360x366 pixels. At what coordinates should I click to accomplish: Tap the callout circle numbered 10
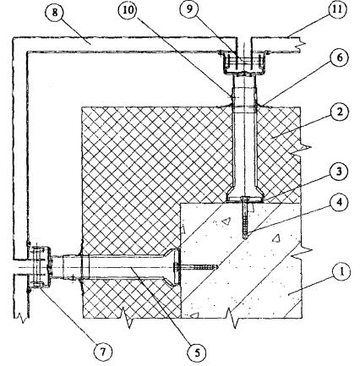point(128,13)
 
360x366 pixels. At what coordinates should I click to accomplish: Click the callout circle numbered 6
point(340,57)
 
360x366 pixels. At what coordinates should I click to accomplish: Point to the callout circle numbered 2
point(340,112)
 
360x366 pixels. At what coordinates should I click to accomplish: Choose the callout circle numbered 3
point(340,171)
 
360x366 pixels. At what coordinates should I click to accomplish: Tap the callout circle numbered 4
point(340,203)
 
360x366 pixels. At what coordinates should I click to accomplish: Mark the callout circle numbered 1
point(341,273)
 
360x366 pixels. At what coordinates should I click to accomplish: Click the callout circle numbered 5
point(197,353)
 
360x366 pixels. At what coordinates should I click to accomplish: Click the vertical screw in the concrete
point(245,218)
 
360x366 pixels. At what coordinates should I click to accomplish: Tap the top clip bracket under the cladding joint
point(243,63)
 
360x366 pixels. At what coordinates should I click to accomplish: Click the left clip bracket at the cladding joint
point(40,267)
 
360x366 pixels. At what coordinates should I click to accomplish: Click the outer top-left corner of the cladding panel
point(13,37)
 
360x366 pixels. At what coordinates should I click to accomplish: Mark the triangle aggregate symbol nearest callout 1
point(276,238)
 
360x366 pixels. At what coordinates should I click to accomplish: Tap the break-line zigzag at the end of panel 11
point(300,44)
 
